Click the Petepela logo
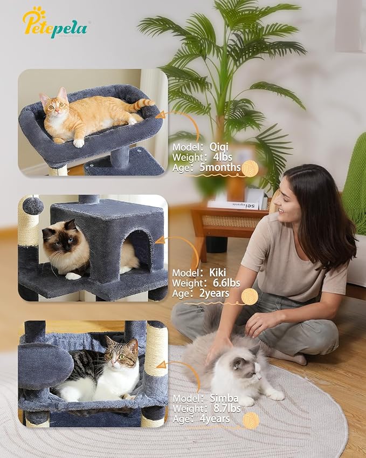click(54, 23)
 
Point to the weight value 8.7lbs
click(221, 408)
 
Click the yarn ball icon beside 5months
click(250, 168)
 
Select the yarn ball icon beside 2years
click(250, 296)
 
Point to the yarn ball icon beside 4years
click(251, 421)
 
